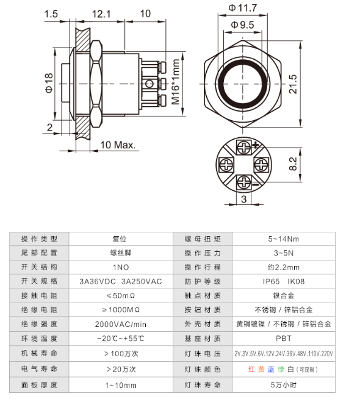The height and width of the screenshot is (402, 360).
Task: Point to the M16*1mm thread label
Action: click(175, 81)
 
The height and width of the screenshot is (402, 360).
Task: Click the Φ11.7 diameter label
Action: click(243, 8)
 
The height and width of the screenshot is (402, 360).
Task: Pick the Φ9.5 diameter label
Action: click(243, 25)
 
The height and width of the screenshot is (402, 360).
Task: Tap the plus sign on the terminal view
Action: click(256, 145)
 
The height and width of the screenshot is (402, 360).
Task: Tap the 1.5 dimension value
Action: click(51, 13)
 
